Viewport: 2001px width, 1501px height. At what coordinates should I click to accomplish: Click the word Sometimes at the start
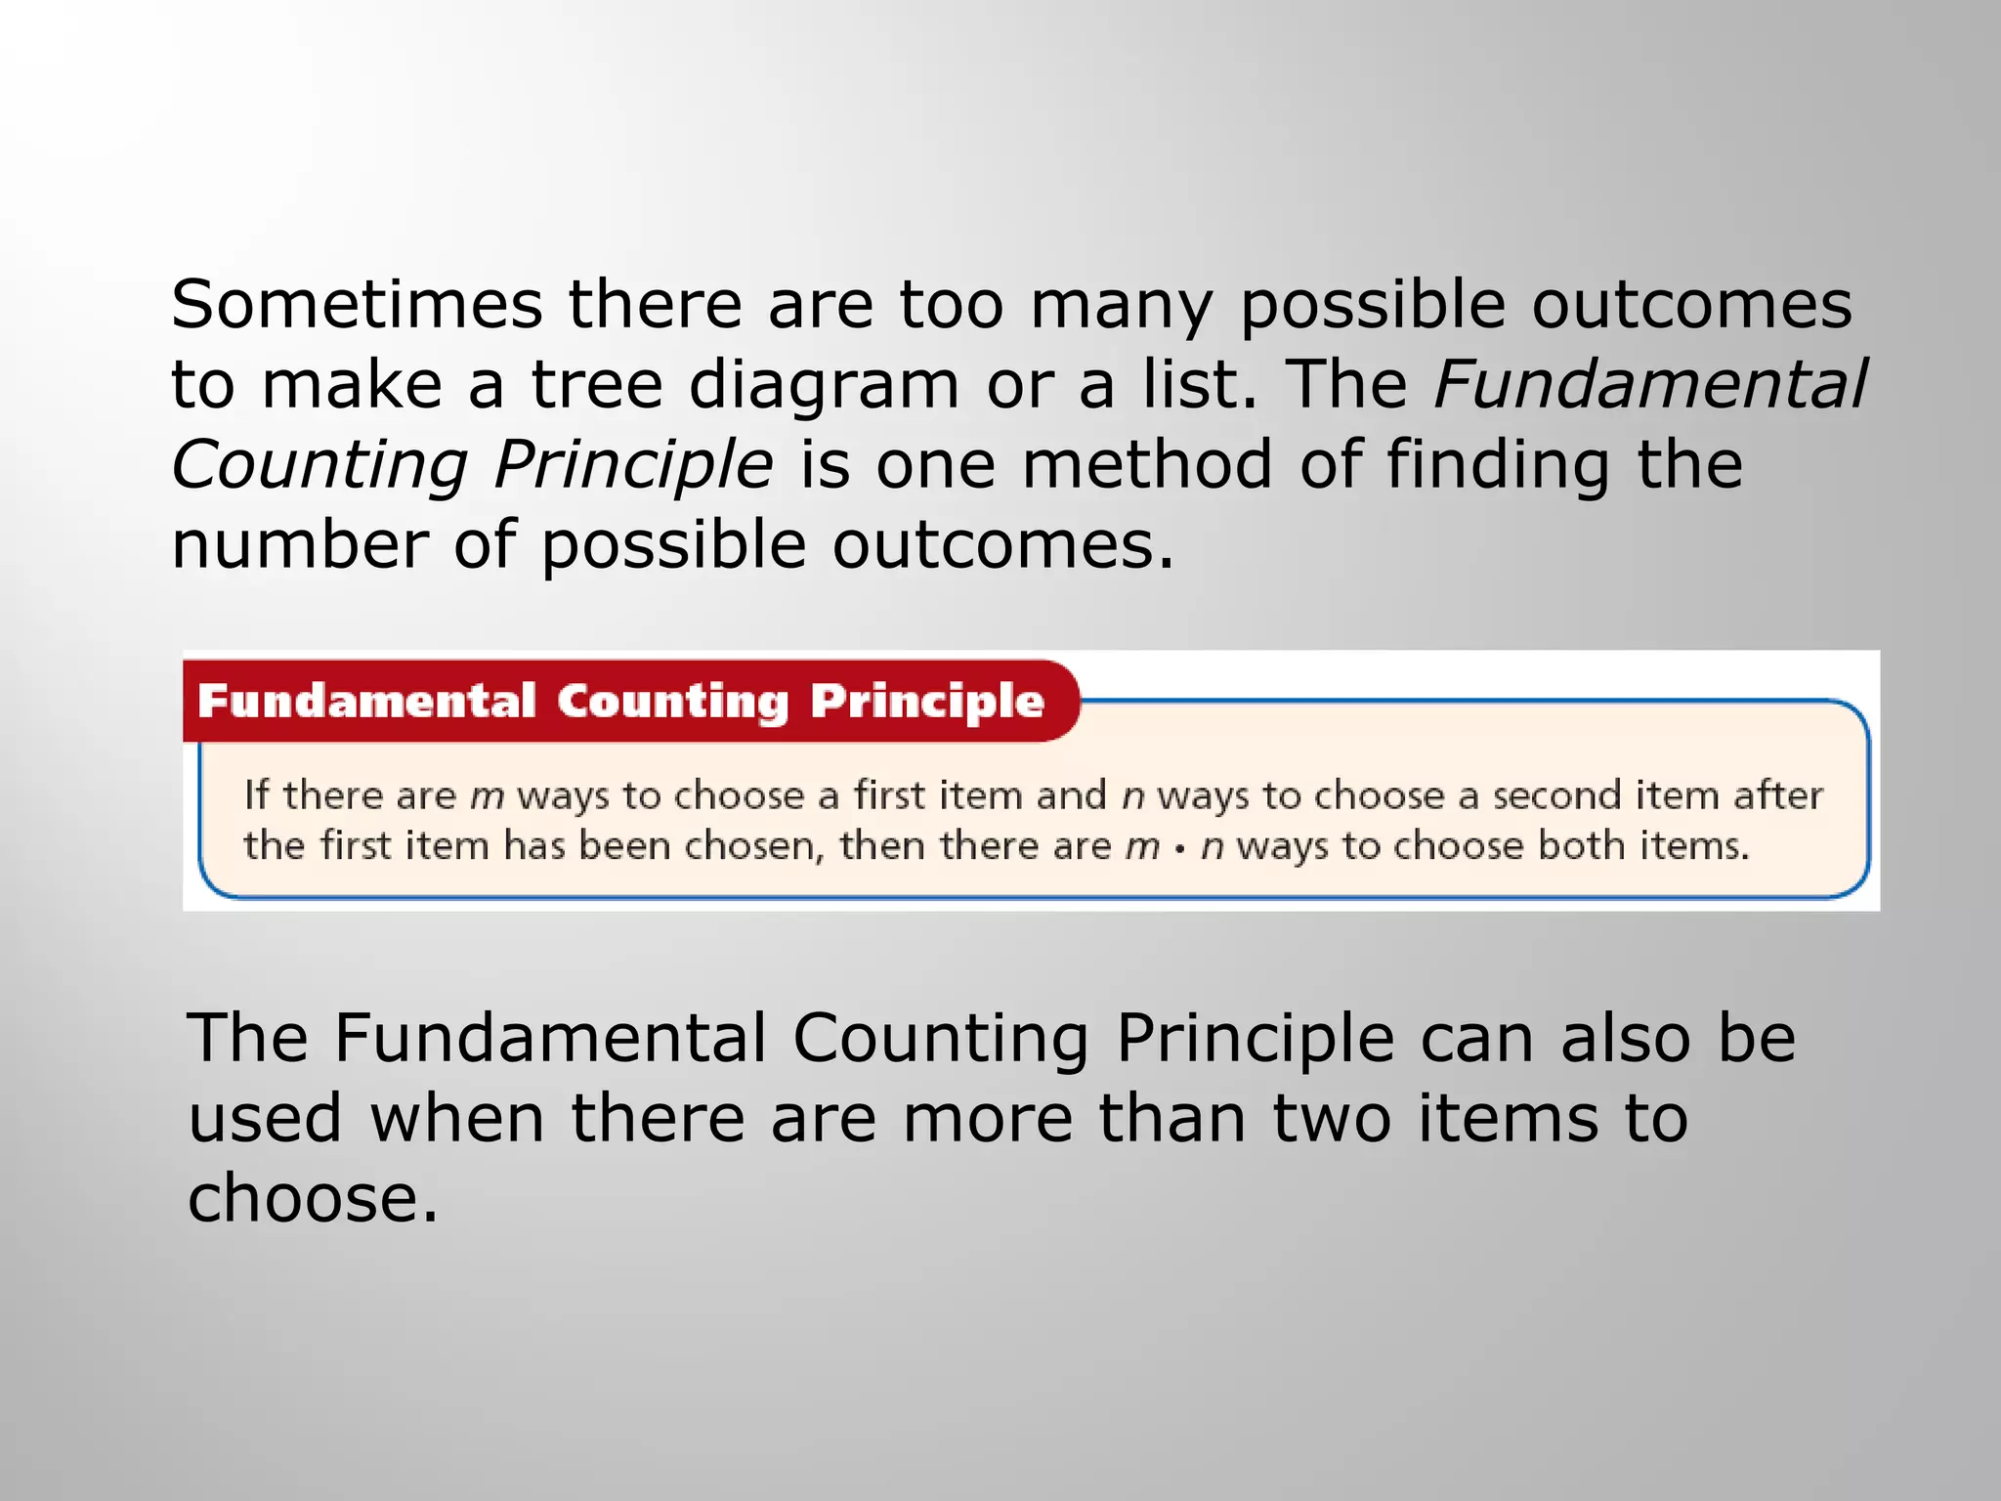(x=357, y=304)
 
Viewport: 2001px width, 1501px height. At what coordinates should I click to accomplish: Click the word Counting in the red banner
(x=672, y=702)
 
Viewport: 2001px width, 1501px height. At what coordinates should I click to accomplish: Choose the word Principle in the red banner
(x=927, y=702)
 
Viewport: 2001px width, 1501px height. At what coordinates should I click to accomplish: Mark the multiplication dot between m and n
(x=1180, y=847)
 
